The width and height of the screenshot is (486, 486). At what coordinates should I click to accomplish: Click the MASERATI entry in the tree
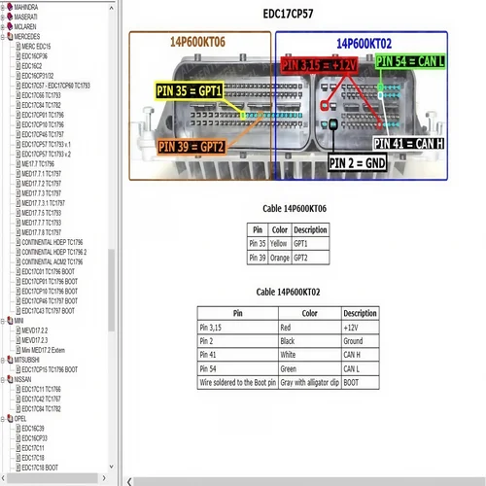click(x=27, y=16)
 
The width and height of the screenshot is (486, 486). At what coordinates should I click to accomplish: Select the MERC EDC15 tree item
click(x=37, y=46)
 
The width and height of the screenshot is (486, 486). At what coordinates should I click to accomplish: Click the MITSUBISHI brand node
click(x=28, y=359)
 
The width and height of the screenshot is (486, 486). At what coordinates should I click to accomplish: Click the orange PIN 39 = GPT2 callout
click(x=191, y=148)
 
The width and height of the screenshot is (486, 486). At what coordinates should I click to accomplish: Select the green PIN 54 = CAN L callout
click(x=409, y=61)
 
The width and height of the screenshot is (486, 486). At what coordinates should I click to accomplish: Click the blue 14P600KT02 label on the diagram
click(x=364, y=43)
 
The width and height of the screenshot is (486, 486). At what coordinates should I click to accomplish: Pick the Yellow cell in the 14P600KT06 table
click(x=279, y=243)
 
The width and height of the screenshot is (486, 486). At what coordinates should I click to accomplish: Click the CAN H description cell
click(x=360, y=356)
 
